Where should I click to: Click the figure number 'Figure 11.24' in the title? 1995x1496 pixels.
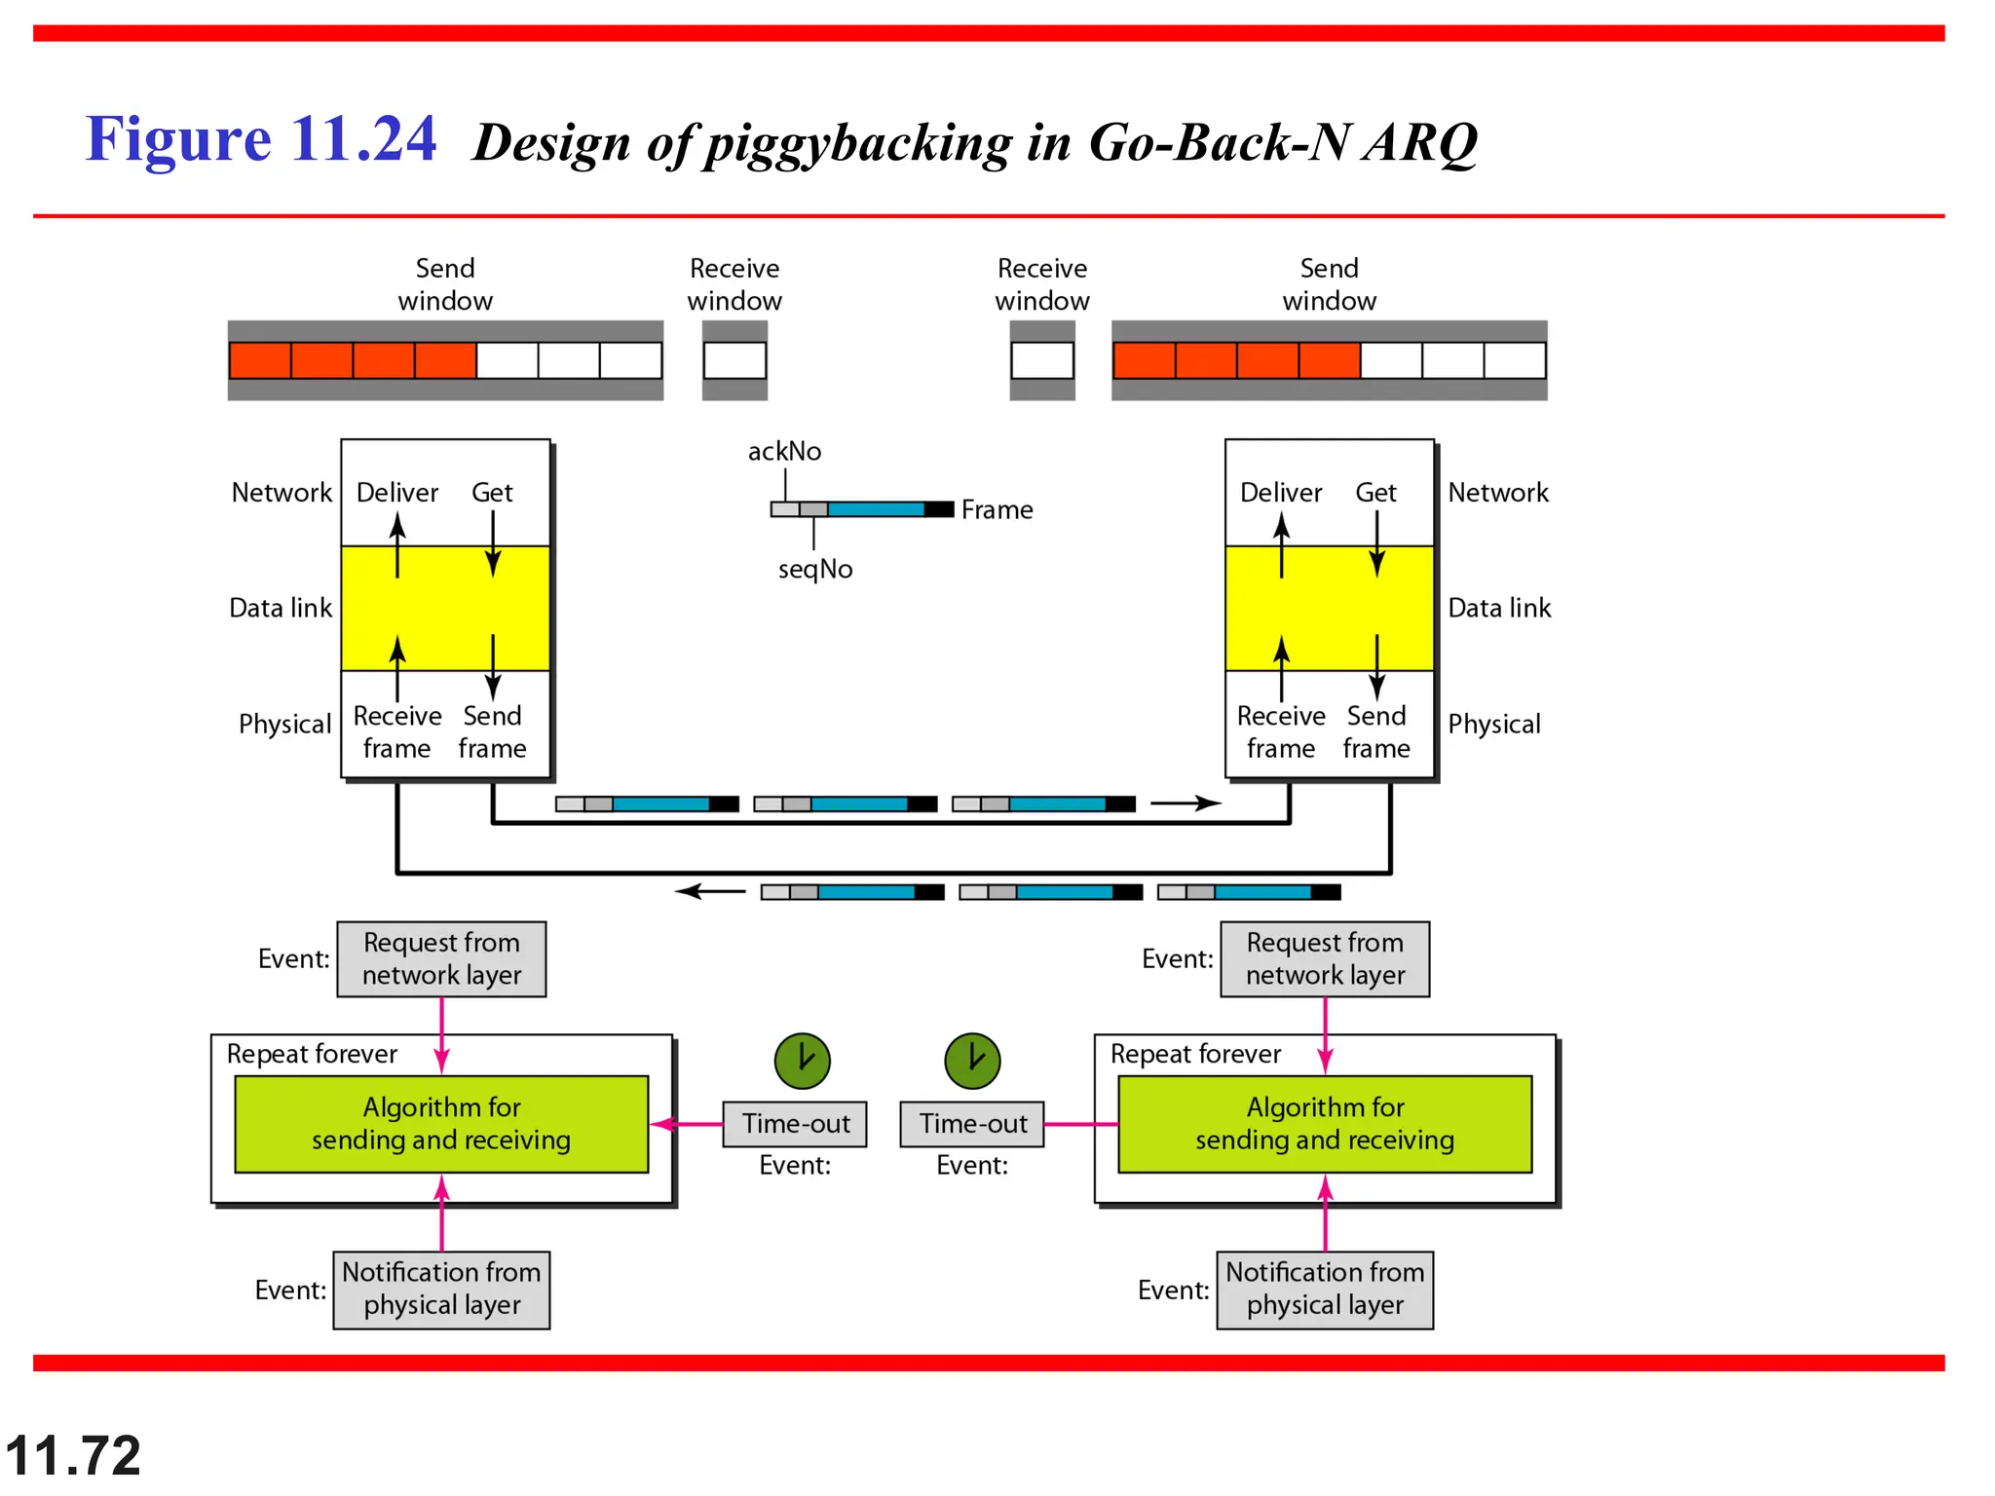260,138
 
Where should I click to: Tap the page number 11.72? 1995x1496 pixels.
73,1455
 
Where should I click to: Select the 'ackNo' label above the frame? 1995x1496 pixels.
784,451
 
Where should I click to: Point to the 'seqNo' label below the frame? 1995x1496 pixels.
814,569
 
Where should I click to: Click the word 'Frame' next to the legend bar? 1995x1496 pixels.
997,509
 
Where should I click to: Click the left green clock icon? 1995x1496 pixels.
802,1061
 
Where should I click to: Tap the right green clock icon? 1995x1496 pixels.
972,1061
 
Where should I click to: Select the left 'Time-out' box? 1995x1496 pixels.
795,1124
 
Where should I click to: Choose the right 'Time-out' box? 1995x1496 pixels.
972,1124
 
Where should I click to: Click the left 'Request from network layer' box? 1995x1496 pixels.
441,959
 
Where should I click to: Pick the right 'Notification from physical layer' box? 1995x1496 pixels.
1325,1290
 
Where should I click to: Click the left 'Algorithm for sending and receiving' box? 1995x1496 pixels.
441,1124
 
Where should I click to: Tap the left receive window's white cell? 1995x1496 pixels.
734,360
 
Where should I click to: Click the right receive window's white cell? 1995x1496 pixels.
1042,360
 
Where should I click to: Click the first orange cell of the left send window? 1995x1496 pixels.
260,360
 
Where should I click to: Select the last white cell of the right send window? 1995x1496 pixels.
1515,360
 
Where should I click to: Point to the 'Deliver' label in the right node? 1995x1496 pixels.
1281,493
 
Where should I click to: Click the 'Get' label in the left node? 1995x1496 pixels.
492,493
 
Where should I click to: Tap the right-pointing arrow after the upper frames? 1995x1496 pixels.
1186,804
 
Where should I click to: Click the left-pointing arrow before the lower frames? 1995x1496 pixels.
710,891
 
